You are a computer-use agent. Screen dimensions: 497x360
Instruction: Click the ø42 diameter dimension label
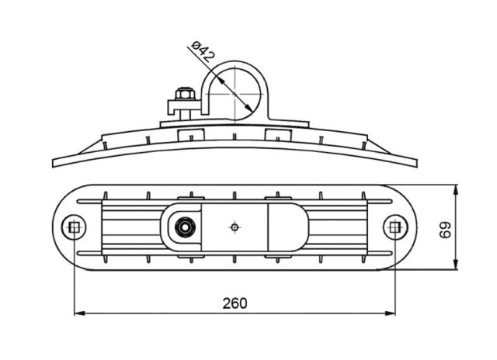click(x=203, y=50)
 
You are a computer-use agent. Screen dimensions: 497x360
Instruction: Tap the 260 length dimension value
click(x=235, y=303)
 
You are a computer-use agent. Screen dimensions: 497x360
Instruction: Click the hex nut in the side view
click(x=184, y=94)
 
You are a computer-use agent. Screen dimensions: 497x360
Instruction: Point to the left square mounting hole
click(x=75, y=227)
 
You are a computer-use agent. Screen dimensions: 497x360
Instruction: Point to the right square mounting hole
click(x=395, y=227)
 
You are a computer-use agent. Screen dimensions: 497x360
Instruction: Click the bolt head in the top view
click(x=184, y=227)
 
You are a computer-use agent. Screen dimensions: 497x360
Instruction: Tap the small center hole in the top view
click(x=235, y=227)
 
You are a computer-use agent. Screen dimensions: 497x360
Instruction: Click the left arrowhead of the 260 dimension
click(x=79, y=313)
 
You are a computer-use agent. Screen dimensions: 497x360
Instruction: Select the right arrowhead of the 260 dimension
click(x=390, y=313)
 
